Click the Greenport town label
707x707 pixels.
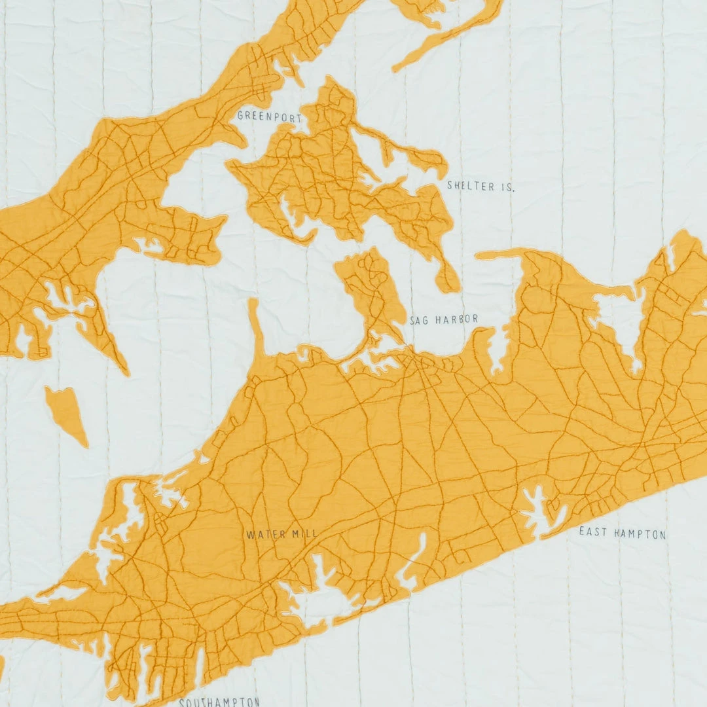tap(269, 117)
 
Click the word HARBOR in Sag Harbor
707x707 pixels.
tap(456, 319)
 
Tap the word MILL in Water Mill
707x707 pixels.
tap(304, 534)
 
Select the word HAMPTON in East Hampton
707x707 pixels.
tap(640, 534)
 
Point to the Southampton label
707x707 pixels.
tap(219, 701)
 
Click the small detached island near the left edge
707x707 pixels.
tap(66, 412)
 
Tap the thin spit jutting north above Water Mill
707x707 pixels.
tap(256, 327)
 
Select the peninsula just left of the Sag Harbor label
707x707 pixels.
tap(371, 288)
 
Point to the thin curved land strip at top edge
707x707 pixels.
tap(452, 36)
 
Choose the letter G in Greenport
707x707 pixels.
tap(240, 116)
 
